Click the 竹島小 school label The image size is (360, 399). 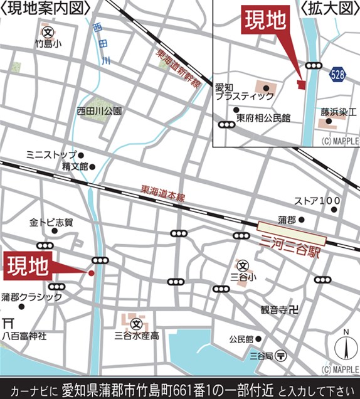point(48,44)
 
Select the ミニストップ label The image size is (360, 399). point(51,154)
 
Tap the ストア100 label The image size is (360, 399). point(317,201)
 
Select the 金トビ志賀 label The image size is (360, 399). point(51,222)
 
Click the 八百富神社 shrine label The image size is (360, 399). point(24,336)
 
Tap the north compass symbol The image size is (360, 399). point(345,346)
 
